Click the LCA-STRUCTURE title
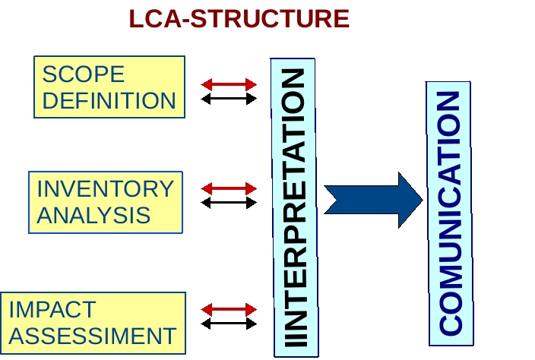point(239,19)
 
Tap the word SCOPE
point(84,74)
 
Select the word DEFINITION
point(109,100)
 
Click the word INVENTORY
point(106,188)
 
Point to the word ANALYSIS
point(93,215)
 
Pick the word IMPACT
point(52,310)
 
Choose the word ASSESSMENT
point(93,336)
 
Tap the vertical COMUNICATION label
point(451,213)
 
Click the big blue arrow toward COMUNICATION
point(373,200)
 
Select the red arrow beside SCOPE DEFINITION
point(229,84)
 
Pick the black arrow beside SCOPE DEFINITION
point(229,99)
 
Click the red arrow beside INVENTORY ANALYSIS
point(229,188)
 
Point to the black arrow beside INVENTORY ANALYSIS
point(229,203)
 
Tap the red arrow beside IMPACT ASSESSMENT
point(229,310)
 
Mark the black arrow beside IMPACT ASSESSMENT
point(229,324)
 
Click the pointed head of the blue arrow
point(423,200)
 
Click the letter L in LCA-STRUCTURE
point(136,19)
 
